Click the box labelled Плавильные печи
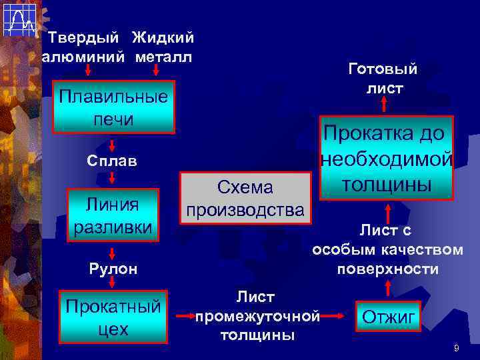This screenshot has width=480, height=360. point(113,107)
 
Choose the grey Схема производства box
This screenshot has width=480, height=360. point(245,198)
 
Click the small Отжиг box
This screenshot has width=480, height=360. point(389,316)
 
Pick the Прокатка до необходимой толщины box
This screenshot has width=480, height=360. point(385,158)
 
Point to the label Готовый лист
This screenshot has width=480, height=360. point(383,78)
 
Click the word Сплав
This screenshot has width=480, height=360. point(113,161)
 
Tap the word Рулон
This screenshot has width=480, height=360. point(113,269)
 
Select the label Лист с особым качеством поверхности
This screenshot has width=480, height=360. point(387,249)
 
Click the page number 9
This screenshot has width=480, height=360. point(456,348)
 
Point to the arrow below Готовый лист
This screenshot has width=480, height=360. point(384,103)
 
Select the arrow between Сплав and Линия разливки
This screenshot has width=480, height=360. point(113,177)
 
